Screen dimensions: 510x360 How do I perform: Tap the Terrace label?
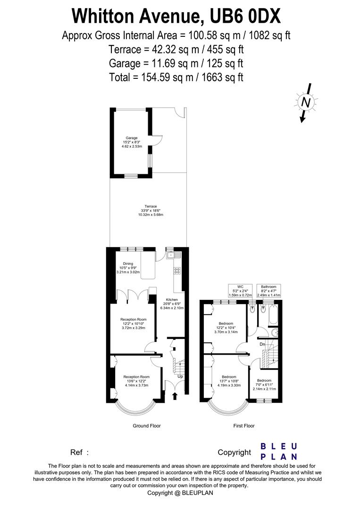151,211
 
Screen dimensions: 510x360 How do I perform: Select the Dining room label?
128,268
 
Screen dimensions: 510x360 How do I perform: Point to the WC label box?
240,291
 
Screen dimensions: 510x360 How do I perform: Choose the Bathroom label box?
268,291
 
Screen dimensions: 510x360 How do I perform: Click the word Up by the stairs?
180,376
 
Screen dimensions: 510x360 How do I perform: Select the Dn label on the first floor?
262,344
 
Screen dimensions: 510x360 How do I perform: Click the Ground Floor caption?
146,426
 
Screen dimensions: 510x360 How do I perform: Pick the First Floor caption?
244,426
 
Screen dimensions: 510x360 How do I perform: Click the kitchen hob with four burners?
178,271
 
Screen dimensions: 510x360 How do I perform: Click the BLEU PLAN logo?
279,451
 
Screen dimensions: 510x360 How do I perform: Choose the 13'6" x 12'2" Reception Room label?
136,381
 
